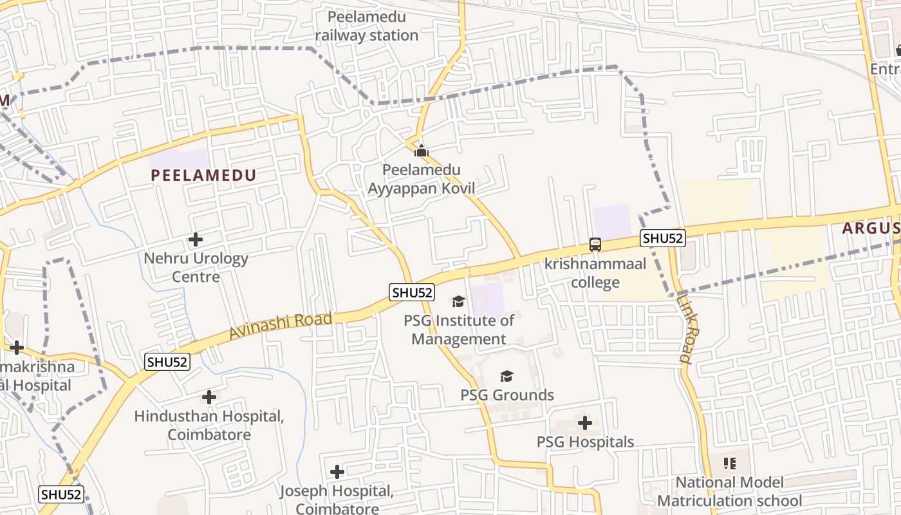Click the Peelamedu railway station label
(x=367, y=26)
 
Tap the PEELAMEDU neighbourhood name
(x=203, y=175)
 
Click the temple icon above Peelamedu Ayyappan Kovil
(x=422, y=151)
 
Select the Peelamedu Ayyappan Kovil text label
(x=422, y=179)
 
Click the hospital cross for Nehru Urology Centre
(x=196, y=239)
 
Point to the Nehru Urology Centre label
(x=196, y=267)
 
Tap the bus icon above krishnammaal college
(x=595, y=245)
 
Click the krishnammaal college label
(x=595, y=273)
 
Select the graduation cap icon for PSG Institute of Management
(x=458, y=301)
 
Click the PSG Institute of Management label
(x=459, y=330)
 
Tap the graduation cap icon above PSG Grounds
(x=507, y=376)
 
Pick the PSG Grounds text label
(x=507, y=395)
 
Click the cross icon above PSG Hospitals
(x=585, y=423)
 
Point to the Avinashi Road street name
(x=281, y=326)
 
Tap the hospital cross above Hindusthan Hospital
(x=209, y=397)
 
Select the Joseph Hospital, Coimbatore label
(x=337, y=500)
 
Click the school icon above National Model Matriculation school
(x=729, y=463)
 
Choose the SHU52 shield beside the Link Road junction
(x=663, y=238)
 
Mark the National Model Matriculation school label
(x=729, y=491)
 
